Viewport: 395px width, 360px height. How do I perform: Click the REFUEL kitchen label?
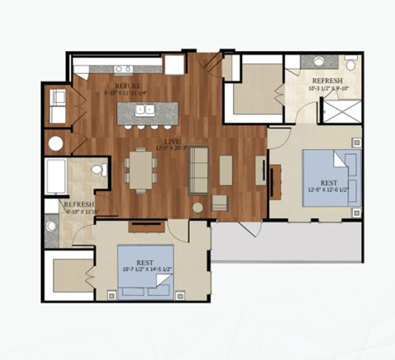pos(127,86)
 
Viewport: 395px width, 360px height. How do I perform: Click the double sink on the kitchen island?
pos(141,111)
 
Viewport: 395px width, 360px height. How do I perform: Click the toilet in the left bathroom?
pos(99,171)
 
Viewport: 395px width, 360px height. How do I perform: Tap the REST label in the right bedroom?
pos(328,183)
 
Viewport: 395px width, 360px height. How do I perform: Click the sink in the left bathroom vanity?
pos(58,220)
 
